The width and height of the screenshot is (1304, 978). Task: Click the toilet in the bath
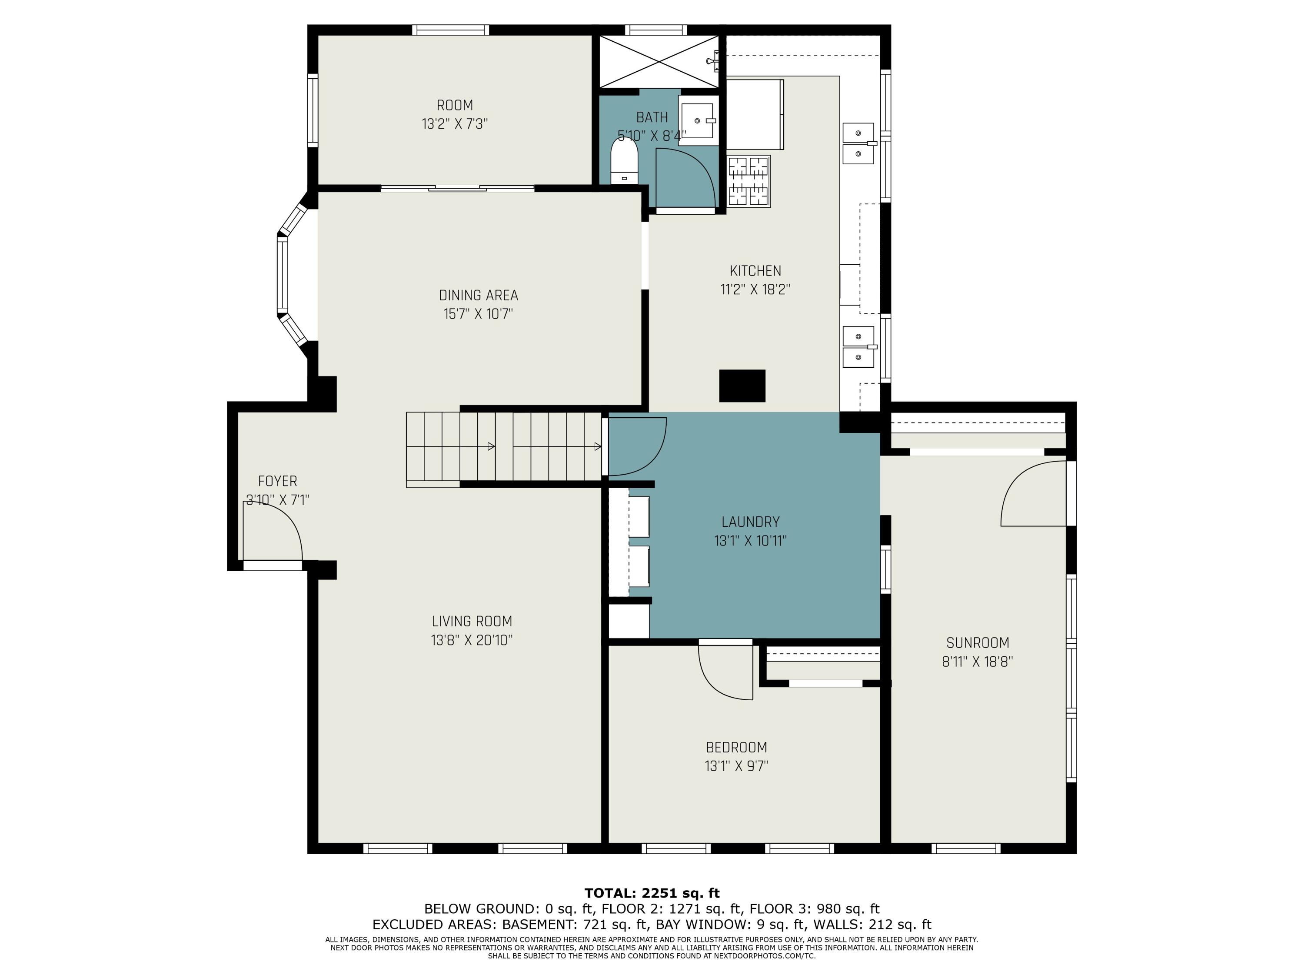point(624,161)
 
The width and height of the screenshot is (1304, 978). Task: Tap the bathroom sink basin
point(699,120)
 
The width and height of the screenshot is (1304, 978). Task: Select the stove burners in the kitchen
point(748,181)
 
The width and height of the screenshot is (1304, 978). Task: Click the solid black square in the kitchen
point(742,386)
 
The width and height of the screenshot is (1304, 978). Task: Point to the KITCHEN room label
point(755,271)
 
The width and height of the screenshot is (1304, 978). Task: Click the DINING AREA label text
point(478,295)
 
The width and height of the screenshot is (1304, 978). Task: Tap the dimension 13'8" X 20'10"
point(472,640)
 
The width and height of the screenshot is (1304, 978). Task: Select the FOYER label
point(278,481)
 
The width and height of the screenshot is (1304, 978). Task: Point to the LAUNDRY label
point(750,522)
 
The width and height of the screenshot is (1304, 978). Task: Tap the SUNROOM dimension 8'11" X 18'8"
point(978,662)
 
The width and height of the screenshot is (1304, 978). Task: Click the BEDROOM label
point(736,748)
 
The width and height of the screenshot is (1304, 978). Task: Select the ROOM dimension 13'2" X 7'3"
point(455,124)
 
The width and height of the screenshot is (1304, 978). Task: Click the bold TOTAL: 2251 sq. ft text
point(652,893)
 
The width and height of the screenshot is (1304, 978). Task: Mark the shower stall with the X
point(659,61)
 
